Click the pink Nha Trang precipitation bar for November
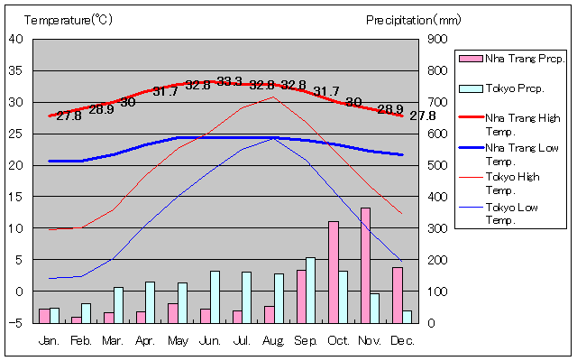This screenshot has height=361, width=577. click(365, 264)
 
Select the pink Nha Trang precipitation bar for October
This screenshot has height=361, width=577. click(334, 271)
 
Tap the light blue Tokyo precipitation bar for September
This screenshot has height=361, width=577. click(310, 290)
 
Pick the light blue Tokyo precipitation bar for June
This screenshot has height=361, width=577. click(215, 296)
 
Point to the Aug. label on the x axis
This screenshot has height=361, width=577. click(273, 340)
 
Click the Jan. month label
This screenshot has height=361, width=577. click(50, 340)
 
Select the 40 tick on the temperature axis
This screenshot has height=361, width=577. click(17, 39)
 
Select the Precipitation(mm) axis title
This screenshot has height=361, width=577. click(413, 18)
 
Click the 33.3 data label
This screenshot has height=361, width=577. click(230, 82)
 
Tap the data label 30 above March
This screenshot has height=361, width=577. click(127, 102)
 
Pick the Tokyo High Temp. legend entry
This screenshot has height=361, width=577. click(510, 183)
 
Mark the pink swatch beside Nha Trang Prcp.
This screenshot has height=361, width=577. click(470, 59)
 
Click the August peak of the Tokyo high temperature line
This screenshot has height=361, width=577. click(273, 97)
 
